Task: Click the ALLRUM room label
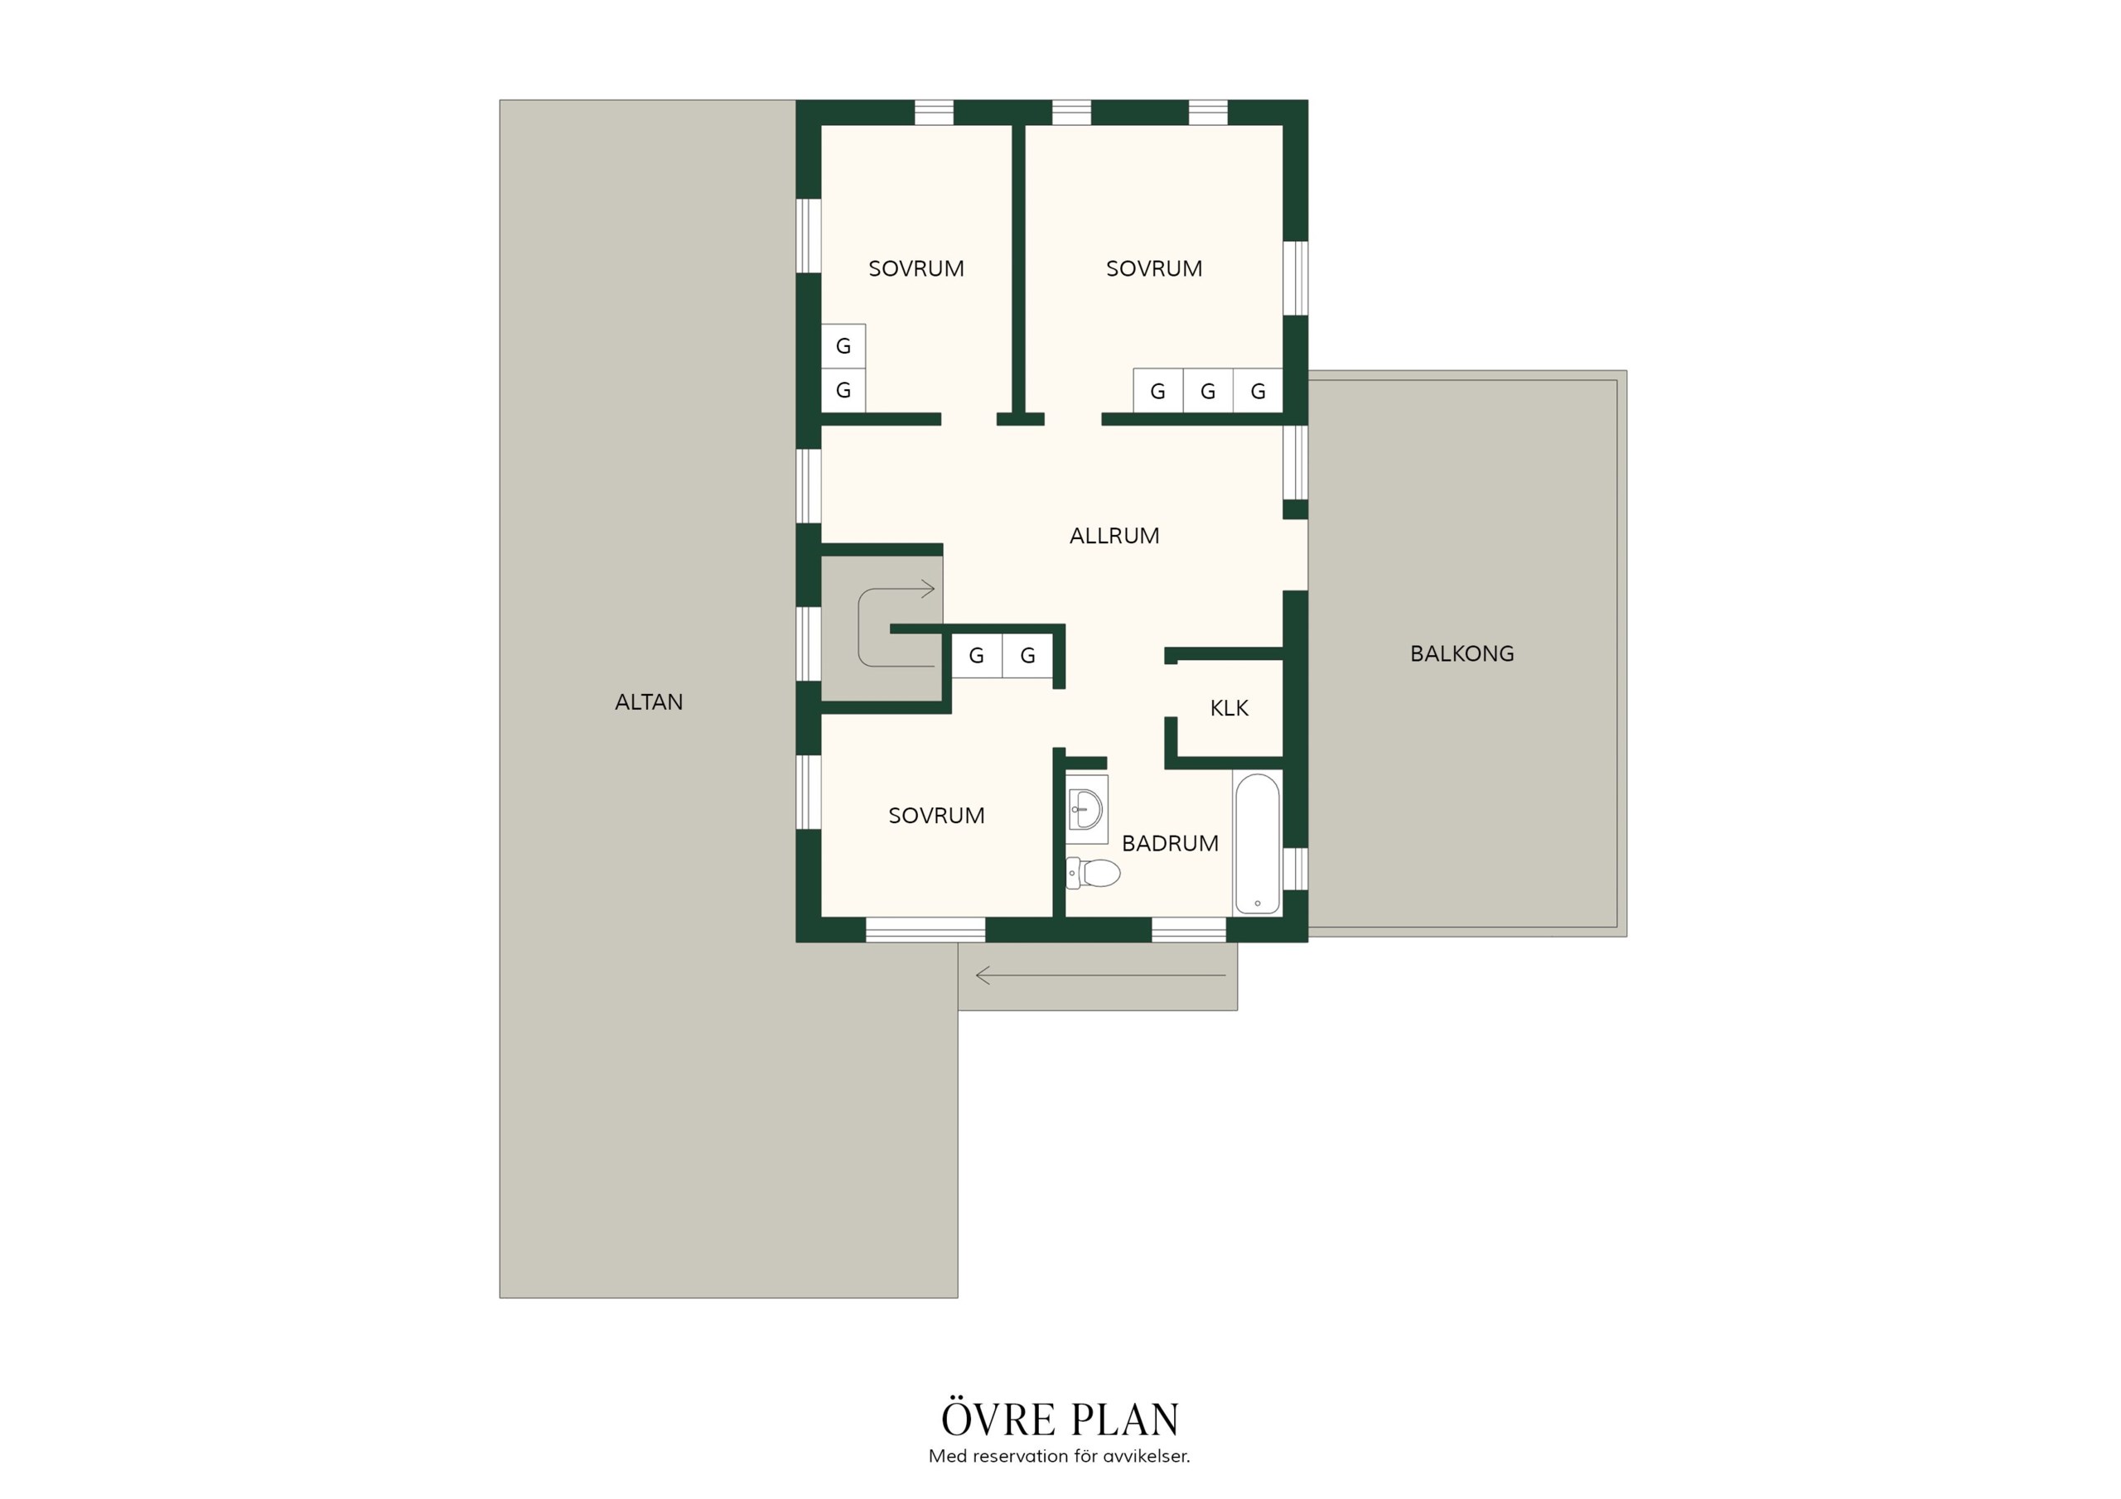1114,536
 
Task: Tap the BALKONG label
1462,654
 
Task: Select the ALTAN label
649,702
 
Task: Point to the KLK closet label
1229,708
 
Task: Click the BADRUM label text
1170,843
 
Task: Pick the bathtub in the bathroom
1257,844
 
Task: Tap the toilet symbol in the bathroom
1093,873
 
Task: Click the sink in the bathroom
1086,810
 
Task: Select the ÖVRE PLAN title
1060,1419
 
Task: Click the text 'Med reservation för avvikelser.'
1060,1457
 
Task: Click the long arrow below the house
1100,976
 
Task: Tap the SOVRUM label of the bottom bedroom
935,816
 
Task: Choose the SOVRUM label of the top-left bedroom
916,269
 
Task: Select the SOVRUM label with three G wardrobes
1154,269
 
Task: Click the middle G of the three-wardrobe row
1207,392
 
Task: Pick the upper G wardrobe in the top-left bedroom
843,346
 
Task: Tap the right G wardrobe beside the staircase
1027,656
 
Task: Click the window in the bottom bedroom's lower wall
925,930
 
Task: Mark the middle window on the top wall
1071,113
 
